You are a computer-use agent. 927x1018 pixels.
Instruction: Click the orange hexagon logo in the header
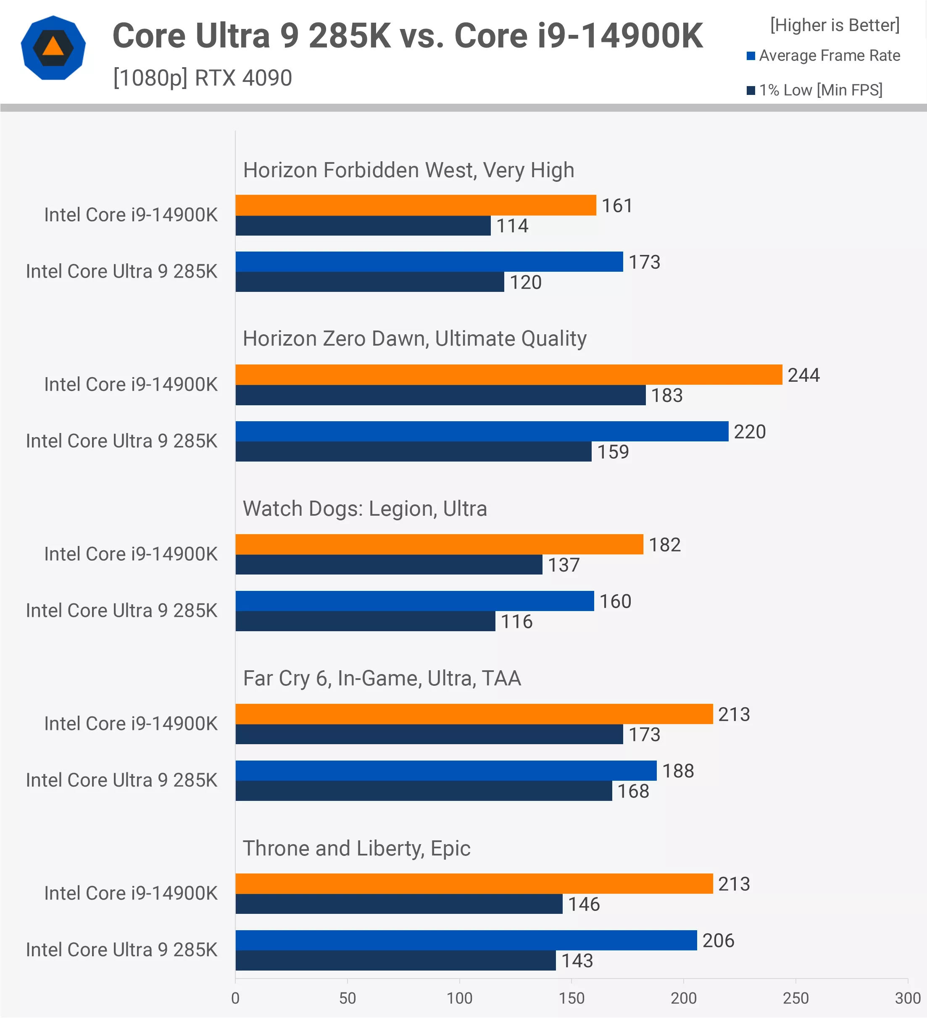click(53, 48)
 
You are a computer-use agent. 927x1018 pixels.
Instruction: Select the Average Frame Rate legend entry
click(824, 55)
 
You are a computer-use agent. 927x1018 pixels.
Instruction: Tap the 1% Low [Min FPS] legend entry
click(815, 90)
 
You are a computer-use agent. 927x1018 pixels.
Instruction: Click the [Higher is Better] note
click(835, 25)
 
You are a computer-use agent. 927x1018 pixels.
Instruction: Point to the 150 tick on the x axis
click(571, 998)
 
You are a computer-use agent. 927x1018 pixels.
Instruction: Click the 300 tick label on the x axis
click(907, 998)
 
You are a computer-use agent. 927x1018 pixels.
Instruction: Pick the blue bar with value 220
click(482, 431)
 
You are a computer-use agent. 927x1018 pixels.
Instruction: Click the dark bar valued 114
click(363, 226)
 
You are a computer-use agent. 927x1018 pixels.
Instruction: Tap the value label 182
click(664, 545)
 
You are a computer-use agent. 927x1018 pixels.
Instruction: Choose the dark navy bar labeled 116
click(365, 621)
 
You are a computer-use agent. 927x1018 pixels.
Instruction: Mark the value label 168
click(633, 791)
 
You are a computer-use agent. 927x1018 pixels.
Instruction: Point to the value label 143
click(577, 961)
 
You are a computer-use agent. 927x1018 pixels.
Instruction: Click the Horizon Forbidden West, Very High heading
click(408, 170)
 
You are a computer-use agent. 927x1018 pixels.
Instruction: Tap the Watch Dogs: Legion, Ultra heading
click(365, 509)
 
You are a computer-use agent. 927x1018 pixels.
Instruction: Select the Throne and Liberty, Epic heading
click(356, 848)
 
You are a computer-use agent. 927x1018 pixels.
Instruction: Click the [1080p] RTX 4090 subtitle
click(202, 78)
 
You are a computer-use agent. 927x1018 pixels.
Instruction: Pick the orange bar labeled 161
click(415, 205)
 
